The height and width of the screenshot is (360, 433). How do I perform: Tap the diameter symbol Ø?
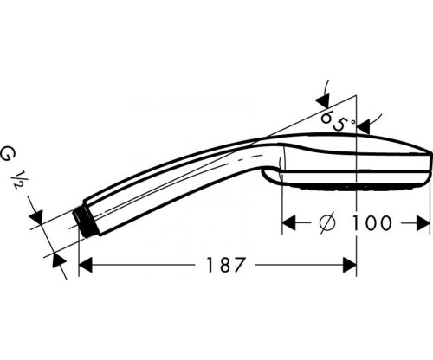tap(327, 222)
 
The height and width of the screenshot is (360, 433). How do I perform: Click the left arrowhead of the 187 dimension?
tap(86, 264)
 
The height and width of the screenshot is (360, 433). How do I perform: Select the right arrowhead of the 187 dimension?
tap(350, 264)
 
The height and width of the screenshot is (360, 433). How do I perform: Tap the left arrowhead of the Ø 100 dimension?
tap(289, 223)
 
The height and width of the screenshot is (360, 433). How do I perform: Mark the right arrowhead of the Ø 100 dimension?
tap(423, 223)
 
